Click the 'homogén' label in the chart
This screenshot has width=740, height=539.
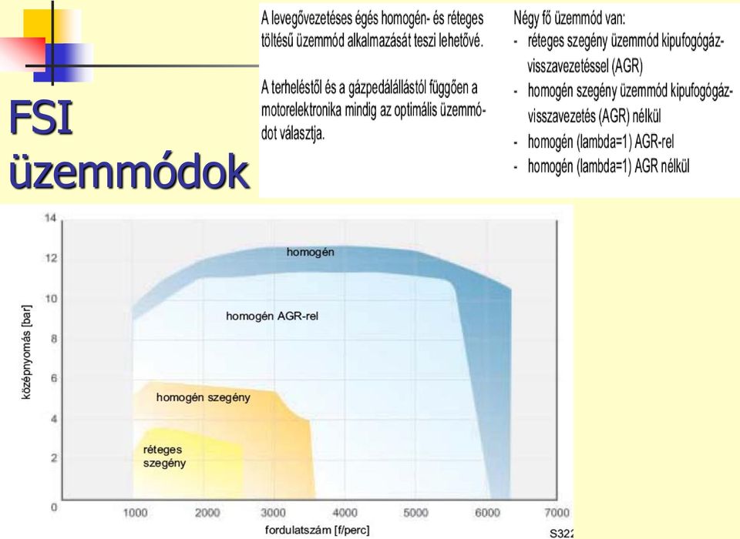click(x=310, y=253)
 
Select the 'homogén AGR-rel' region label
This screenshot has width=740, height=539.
click(x=272, y=316)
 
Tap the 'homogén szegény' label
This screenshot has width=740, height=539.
click(x=203, y=397)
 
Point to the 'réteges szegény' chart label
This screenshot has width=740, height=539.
click(x=164, y=456)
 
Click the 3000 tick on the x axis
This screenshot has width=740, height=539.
click(x=273, y=513)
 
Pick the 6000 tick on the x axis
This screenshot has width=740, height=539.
click(x=487, y=513)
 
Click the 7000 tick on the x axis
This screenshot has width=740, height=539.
click(x=557, y=513)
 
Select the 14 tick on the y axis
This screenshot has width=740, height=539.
click(x=51, y=218)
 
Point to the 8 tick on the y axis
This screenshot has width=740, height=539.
click(x=54, y=339)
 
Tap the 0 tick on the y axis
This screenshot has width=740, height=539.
click(x=54, y=507)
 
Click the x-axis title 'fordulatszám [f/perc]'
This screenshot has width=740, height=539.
click(x=317, y=530)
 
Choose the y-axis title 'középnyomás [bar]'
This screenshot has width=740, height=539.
click(x=27, y=352)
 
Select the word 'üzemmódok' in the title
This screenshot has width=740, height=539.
click(x=129, y=171)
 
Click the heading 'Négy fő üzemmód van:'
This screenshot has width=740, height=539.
click(x=569, y=18)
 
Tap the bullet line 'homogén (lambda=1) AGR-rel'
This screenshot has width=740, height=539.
click(x=600, y=142)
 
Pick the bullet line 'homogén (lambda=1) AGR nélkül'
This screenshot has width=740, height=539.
click(x=609, y=166)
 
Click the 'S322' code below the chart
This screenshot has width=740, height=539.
click(x=562, y=534)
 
